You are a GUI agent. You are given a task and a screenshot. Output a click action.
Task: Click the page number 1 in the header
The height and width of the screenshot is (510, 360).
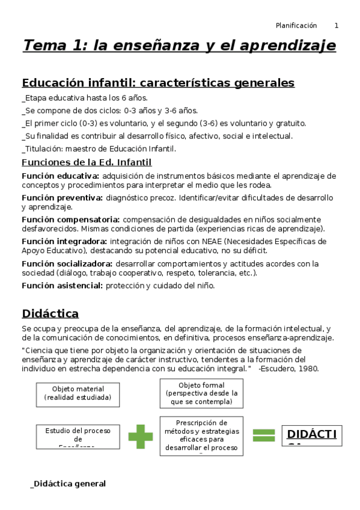tap(337, 25)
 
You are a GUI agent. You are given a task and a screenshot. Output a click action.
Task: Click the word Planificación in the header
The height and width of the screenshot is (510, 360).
tap(296, 25)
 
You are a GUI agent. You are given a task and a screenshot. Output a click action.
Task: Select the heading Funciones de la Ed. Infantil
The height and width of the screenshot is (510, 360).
tap(87, 162)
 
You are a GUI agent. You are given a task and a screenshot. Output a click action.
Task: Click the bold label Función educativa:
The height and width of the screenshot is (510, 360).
tap(61, 176)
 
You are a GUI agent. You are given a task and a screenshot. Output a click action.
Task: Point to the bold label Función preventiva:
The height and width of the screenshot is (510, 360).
tap(62, 197)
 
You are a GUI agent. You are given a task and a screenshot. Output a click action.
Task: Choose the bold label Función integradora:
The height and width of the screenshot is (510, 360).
tap(65, 241)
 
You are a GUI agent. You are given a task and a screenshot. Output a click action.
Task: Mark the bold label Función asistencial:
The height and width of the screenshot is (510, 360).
tap(62, 286)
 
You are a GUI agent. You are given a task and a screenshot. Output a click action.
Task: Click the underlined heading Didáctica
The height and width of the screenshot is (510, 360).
tap(50, 313)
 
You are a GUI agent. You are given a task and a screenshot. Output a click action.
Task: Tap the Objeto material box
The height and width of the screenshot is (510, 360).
tap(78, 394)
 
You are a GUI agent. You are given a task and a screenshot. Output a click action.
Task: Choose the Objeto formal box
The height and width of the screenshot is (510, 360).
tap(201, 393)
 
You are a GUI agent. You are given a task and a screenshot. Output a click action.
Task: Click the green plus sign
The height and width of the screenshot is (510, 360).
tap(141, 436)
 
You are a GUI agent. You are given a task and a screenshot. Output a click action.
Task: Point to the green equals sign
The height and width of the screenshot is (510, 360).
tap(263, 436)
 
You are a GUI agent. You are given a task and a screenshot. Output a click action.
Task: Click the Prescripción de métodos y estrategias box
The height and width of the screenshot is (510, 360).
tap(201, 435)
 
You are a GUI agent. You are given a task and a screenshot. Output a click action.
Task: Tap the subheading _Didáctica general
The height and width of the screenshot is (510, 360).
tap(68, 484)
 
